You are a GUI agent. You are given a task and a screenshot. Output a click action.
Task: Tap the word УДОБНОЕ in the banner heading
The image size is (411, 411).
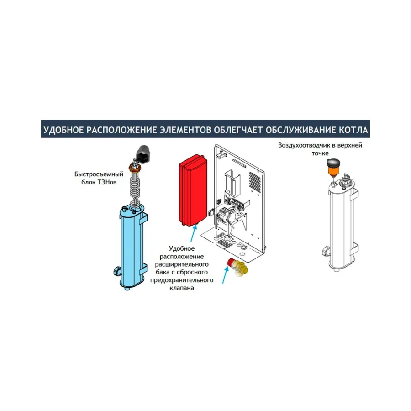[x=63, y=130]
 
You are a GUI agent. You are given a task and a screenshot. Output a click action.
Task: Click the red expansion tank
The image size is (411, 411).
[x=193, y=190]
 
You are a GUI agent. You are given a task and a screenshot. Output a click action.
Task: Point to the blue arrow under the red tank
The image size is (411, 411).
[x=194, y=233]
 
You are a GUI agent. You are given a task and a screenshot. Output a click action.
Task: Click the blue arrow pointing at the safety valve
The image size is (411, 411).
[x=225, y=275]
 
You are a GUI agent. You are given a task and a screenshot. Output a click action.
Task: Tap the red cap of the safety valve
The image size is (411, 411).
[x=232, y=262]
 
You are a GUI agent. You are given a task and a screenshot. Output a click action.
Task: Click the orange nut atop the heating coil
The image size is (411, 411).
[x=135, y=167]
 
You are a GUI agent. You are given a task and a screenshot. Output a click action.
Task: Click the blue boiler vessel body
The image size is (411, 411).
[x=132, y=247]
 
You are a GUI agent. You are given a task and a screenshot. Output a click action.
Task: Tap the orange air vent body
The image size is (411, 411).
[x=333, y=171]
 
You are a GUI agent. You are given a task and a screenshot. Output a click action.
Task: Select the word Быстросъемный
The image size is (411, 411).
[x=99, y=174]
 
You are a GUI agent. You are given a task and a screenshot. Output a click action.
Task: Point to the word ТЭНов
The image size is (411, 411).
[x=107, y=182]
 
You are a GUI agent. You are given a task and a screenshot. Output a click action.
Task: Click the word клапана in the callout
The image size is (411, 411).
[x=182, y=288]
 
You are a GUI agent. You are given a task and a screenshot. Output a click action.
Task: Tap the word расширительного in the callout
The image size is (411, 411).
[x=182, y=264]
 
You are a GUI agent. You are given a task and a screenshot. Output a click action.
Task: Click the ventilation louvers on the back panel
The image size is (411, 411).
[x=255, y=182]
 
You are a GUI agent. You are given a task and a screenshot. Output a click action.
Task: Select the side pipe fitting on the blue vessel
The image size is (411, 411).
[x=117, y=271]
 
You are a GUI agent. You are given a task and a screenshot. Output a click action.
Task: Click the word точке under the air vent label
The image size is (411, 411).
[x=320, y=153]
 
